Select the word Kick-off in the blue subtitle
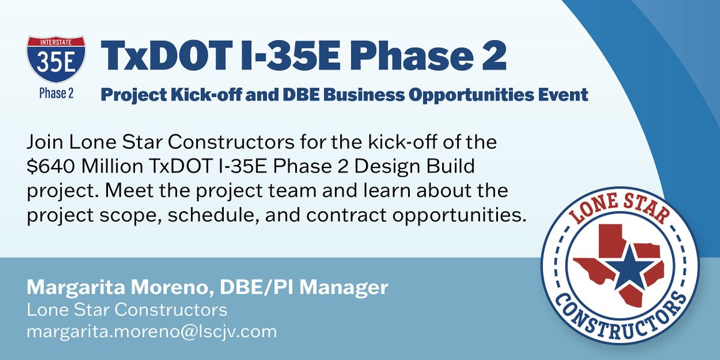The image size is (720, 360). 194,95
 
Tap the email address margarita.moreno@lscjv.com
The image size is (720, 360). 151,331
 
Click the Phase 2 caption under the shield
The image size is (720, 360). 56,94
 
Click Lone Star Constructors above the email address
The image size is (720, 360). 127,310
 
